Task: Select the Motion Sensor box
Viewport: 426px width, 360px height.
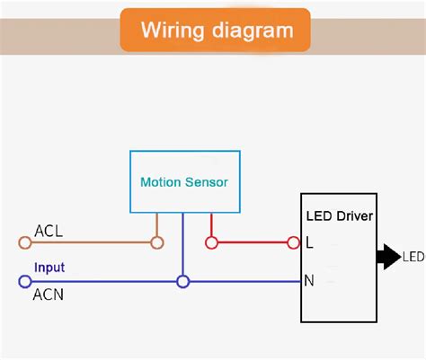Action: pos(183,181)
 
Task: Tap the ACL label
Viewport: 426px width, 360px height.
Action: pos(49,230)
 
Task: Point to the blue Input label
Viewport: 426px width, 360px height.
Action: pos(49,268)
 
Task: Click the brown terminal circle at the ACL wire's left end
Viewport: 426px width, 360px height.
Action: pos(24,242)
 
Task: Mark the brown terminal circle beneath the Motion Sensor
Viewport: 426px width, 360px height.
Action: pos(157,242)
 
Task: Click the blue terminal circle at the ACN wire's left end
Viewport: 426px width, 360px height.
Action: pos(24,281)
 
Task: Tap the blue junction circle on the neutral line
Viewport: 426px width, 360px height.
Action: pos(183,281)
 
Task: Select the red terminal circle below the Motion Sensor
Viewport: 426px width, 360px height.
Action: pos(211,242)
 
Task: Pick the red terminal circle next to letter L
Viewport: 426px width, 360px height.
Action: pos(293,242)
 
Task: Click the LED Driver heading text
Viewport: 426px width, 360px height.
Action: pos(339,216)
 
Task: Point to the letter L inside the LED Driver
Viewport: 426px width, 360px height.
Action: pos(310,242)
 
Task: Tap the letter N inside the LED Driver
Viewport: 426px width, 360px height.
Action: pos(310,281)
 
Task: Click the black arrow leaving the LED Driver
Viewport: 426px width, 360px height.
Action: pos(388,257)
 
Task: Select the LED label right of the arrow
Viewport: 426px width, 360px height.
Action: pos(413,258)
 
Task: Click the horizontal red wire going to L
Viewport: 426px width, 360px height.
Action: pos(252,242)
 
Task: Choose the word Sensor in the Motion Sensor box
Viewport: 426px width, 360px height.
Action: pos(206,182)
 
